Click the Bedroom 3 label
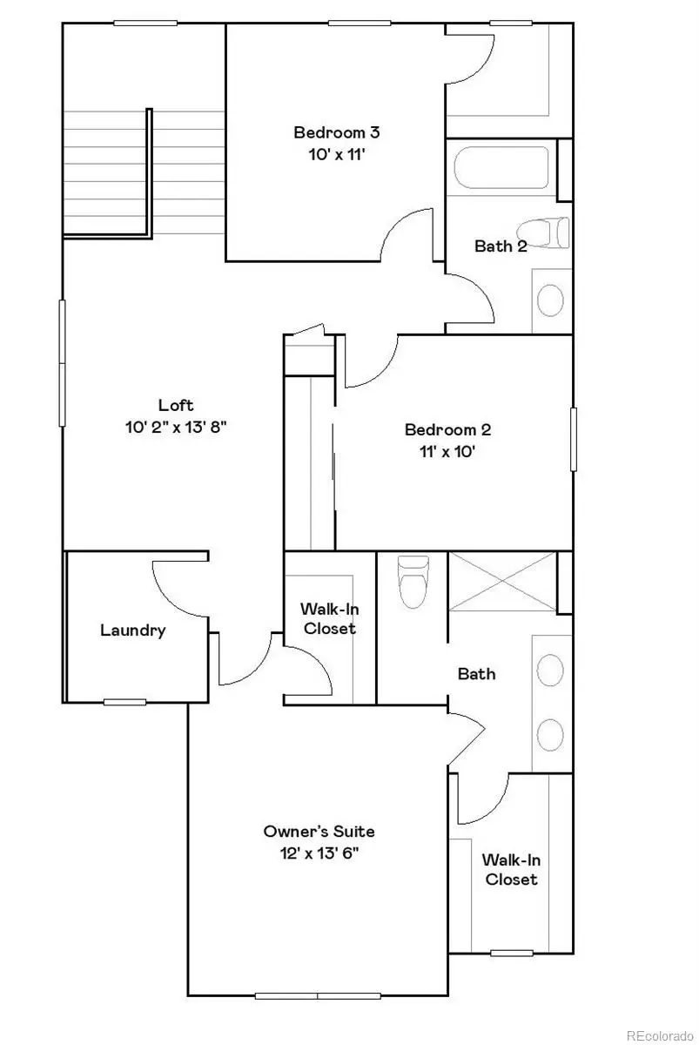tap(336, 132)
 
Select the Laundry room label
tap(132, 630)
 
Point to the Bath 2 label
tap(501, 246)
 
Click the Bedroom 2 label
tap(447, 429)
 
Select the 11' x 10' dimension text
tap(447, 451)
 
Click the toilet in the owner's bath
tap(413, 581)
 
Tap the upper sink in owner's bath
tap(549, 671)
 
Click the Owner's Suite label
tap(319, 831)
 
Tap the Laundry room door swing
tap(178, 588)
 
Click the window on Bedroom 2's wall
tap(573, 439)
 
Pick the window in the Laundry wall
tap(124, 701)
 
